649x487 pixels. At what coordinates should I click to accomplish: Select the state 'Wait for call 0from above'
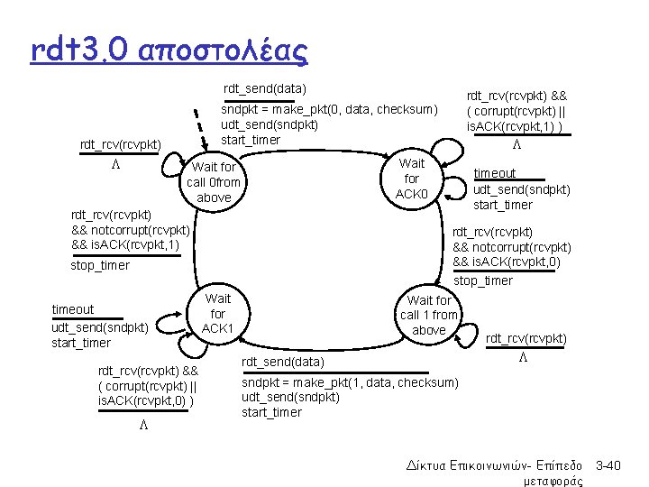214,182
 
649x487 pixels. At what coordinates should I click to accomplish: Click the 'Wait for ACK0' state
412,179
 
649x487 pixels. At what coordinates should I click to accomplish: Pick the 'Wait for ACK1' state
217,313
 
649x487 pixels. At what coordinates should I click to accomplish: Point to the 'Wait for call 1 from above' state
429,315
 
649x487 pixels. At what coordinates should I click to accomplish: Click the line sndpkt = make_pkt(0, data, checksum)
329,109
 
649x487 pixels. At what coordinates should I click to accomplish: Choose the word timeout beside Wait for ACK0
495,173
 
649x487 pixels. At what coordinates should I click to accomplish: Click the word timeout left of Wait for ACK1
73,309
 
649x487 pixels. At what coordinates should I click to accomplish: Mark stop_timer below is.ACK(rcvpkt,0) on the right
483,280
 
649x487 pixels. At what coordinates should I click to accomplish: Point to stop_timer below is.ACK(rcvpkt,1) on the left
100,265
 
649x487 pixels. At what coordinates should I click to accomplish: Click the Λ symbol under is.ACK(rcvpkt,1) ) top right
516,145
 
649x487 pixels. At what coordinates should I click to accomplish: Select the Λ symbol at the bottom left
143,425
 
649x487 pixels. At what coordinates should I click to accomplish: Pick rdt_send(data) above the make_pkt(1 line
279,363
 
